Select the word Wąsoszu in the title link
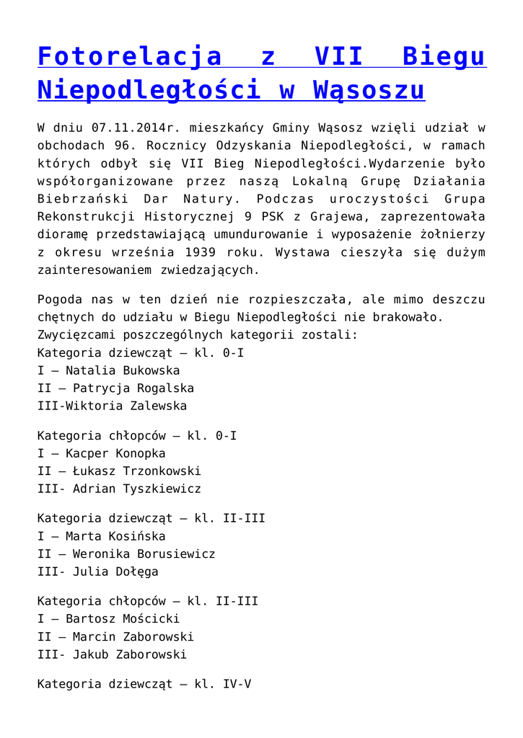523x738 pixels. pyautogui.click(x=369, y=89)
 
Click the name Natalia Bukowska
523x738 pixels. pyautogui.click(x=123, y=370)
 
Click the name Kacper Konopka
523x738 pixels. pyautogui.click(x=115, y=453)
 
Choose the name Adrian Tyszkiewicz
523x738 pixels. pyautogui.click(x=137, y=489)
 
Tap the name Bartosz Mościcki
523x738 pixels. pyautogui.click(x=123, y=619)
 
